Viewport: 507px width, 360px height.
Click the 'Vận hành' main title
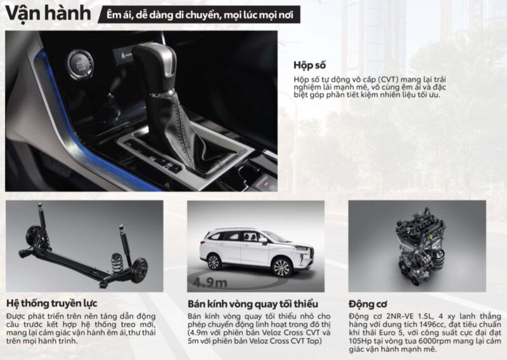[48, 13]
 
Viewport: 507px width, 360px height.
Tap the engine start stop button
[80, 65]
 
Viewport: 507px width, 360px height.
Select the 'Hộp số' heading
[309, 65]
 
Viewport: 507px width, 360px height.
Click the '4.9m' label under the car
[210, 283]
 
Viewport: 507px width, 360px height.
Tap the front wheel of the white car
[281, 267]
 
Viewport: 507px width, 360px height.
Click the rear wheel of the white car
[214, 262]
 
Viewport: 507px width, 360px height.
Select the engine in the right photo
[420, 246]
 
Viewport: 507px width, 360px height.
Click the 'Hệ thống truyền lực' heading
[52, 304]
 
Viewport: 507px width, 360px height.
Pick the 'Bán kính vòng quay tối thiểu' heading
[253, 304]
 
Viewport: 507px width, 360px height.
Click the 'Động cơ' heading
[368, 304]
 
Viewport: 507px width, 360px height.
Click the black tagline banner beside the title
[199, 15]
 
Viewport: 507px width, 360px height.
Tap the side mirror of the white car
[262, 240]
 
